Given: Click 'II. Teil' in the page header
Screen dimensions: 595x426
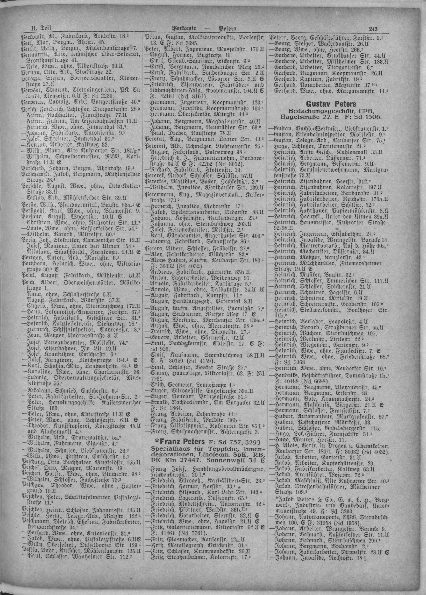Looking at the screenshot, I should tap(39, 28).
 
